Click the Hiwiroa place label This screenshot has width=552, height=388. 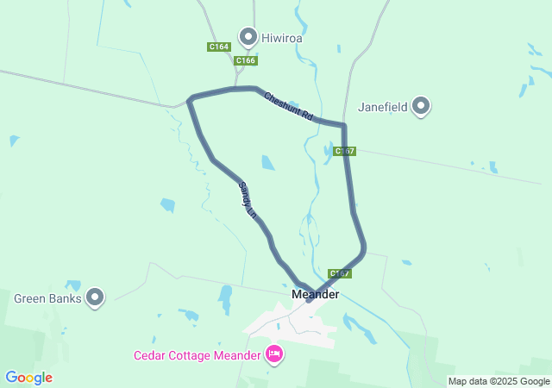[282, 38]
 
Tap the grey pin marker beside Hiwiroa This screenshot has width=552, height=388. [248, 36]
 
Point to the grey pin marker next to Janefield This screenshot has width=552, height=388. [421, 106]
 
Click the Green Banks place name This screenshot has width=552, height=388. [47, 299]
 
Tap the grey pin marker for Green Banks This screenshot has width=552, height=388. [95, 297]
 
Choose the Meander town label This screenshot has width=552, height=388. [316, 294]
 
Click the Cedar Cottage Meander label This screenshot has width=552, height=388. [197, 355]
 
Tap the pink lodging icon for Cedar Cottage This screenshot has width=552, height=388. [274, 354]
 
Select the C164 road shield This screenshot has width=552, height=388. [218, 47]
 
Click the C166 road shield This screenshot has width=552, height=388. [246, 60]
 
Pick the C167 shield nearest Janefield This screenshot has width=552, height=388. [344, 151]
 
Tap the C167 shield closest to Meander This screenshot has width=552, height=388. [340, 273]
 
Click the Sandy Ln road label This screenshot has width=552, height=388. [248, 199]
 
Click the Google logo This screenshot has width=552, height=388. [28, 378]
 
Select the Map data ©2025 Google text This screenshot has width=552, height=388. [499, 381]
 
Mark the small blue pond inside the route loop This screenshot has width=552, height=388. [268, 162]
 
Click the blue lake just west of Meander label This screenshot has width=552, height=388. [225, 298]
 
